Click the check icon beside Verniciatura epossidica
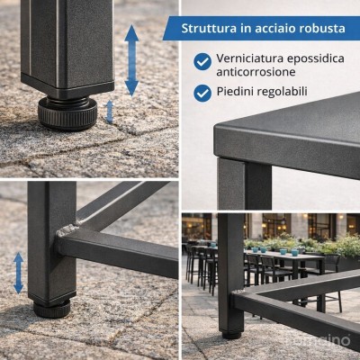click(x=202, y=61)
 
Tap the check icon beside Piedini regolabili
click(x=202, y=92)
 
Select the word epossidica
click(x=314, y=58)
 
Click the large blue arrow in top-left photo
click(x=131, y=60)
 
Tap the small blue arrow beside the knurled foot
click(x=110, y=111)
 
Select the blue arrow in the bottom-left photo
click(x=17, y=272)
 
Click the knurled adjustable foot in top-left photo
click(x=67, y=112)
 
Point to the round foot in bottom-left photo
click(x=52, y=308)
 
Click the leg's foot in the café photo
click(x=231, y=334)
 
